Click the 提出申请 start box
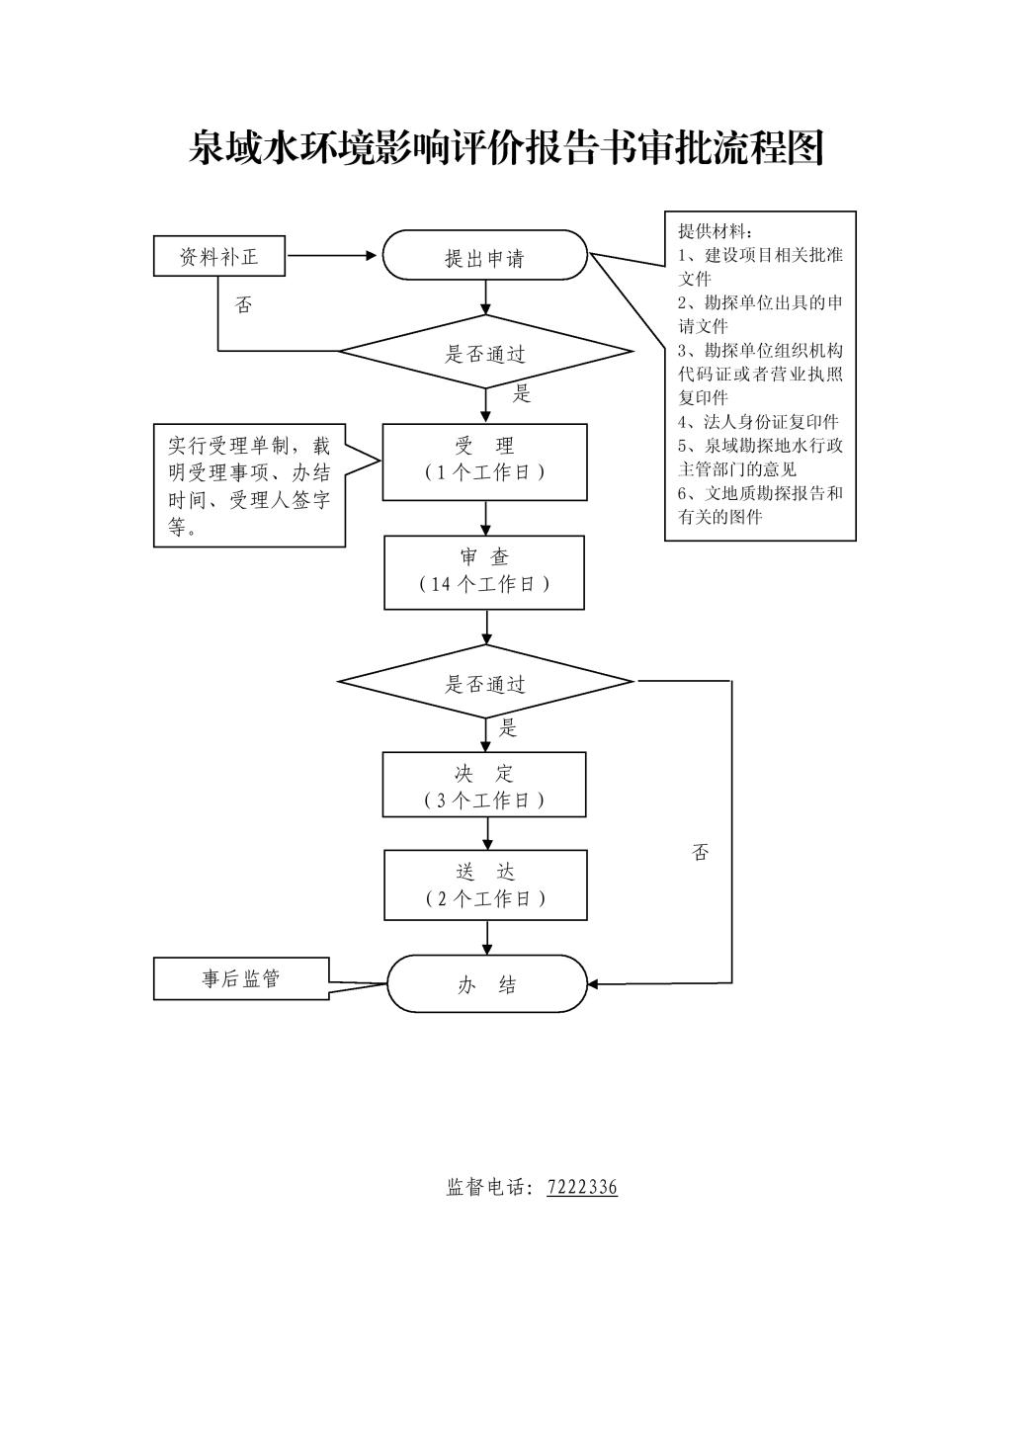(x=484, y=255)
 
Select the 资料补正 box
(x=219, y=256)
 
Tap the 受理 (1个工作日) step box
(x=484, y=462)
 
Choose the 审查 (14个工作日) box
(x=484, y=572)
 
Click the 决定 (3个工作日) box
(x=484, y=785)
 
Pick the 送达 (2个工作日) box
(x=485, y=884)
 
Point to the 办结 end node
(x=487, y=984)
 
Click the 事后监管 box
(x=241, y=978)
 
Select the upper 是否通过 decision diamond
(x=486, y=351)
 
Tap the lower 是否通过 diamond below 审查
(x=486, y=682)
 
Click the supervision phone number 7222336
(x=582, y=1187)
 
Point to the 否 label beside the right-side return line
(x=700, y=852)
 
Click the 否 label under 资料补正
(x=243, y=304)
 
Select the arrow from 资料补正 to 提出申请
(x=331, y=256)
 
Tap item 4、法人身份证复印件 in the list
(x=758, y=422)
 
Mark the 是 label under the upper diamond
(x=522, y=393)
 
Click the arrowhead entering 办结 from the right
(x=593, y=984)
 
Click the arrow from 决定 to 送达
(x=487, y=834)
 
